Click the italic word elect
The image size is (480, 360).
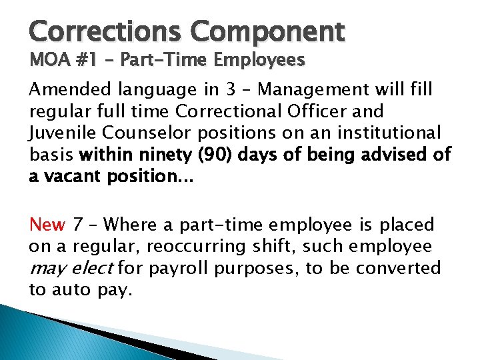[x=96, y=269]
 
